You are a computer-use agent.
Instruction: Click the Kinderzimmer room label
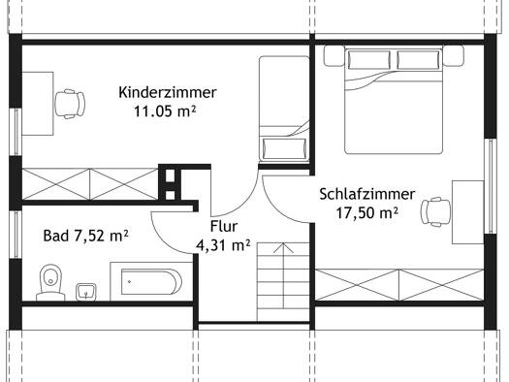click(x=167, y=92)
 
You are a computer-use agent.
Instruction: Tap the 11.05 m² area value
click(x=165, y=111)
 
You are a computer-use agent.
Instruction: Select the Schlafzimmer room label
click(x=367, y=194)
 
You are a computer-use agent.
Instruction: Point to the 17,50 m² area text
click(x=366, y=213)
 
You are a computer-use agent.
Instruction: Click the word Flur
click(x=224, y=226)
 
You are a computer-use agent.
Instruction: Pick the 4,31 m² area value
click(x=223, y=245)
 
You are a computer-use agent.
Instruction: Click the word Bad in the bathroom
click(x=56, y=236)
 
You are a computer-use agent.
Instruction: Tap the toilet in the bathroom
click(x=50, y=282)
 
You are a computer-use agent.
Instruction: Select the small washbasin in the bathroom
click(x=86, y=292)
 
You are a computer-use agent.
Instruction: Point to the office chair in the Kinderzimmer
click(x=70, y=104)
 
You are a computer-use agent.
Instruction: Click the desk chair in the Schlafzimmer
click(x=436, y=211)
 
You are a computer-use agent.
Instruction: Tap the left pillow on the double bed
click(x=369, y=60)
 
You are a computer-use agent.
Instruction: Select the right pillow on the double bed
click(x=419, y=60)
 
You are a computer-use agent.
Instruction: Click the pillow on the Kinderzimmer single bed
click(x=284, y=148)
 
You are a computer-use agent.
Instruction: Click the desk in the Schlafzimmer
click(x=467, y=212)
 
